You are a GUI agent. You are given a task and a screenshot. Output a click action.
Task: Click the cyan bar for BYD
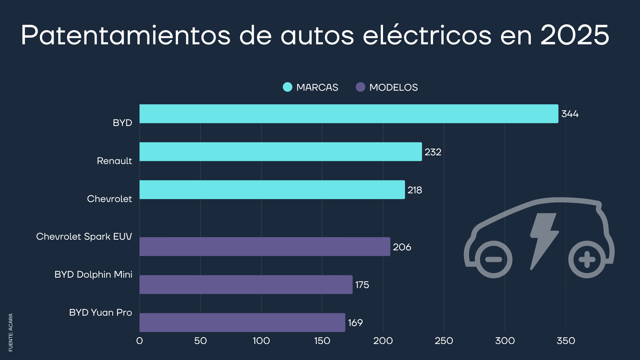[x=348, y=114]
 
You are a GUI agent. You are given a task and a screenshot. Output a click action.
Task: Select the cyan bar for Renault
[x=280, y=152]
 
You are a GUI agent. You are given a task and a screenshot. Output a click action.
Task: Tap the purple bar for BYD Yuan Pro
[x=242, y=322]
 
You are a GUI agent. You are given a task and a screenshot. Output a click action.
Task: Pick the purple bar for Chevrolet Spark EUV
[x=265, y=247]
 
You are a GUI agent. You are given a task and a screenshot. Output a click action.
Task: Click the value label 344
[x=570, y=114]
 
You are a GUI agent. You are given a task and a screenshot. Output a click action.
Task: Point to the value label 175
[x=362, y=285]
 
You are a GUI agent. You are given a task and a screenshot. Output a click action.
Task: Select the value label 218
[x=415, y=190]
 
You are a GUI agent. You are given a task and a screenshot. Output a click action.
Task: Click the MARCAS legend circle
[x=287, y=87]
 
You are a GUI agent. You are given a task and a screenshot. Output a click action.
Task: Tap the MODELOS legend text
[x=393, y=87]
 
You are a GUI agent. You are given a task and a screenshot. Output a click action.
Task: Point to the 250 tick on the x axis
[x=444, y=341]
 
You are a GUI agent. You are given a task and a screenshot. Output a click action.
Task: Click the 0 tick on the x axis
[x=140, y=341]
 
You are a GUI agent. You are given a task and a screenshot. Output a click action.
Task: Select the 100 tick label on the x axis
[x=261, y=341]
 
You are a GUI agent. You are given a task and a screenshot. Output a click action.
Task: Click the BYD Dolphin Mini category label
[x=93, y=274]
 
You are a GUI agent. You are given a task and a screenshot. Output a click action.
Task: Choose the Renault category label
[x=114, y=161]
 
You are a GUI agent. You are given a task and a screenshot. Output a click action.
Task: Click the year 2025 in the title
[x=575, y=35]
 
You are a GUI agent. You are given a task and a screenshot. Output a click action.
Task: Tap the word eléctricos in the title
[x=427, y=35]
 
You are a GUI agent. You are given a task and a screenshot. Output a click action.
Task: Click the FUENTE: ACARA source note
[x=11, y=332]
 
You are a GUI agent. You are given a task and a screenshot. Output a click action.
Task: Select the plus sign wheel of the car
[x=587, y=259]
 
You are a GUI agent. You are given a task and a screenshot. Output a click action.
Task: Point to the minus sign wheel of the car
[x=494, y=259]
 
